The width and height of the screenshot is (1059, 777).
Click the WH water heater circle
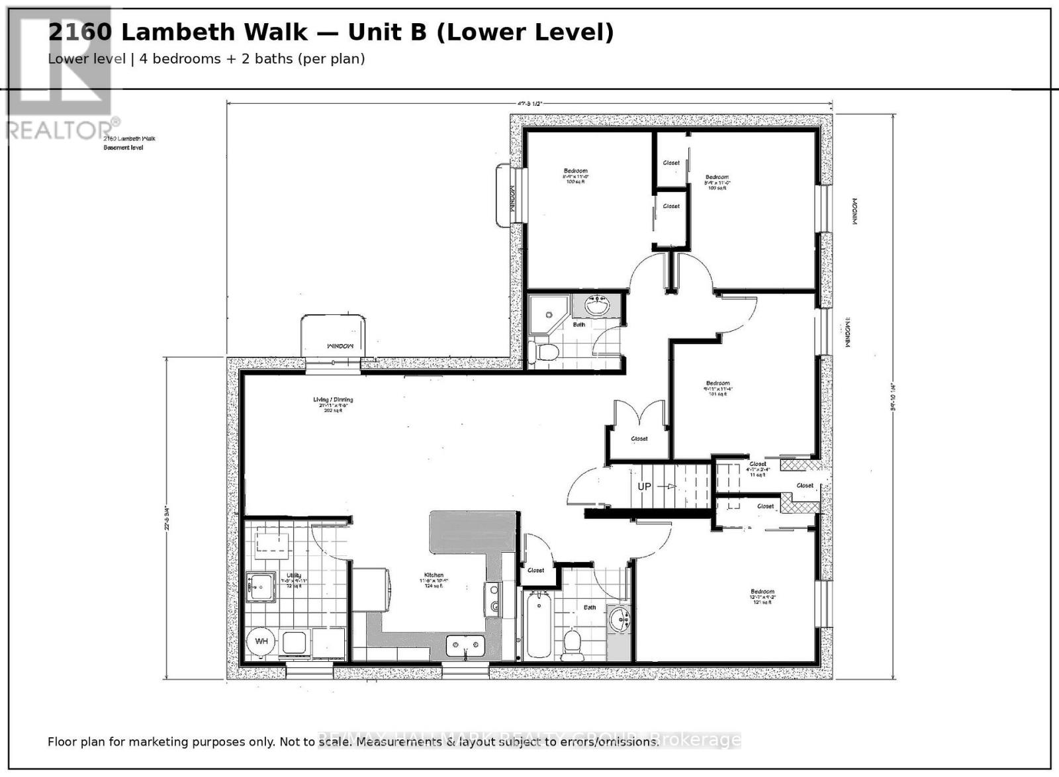[261, 641]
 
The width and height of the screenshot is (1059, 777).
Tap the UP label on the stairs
[644, 486]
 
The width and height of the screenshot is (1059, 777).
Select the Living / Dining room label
[333, 400]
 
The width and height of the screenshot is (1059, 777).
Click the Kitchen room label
[434, 575]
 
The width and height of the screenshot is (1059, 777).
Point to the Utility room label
[294, 576]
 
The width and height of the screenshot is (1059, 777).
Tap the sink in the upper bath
[597, 306]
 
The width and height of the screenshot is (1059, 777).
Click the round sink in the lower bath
[620, 621]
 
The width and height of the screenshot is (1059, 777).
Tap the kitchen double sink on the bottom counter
[465, 645]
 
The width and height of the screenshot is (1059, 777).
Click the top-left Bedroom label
[575, 171]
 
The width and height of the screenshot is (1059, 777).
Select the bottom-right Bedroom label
[762, 592]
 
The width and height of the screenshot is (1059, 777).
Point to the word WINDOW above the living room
[340, 346]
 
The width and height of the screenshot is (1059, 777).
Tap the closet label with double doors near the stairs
[639, 439]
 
